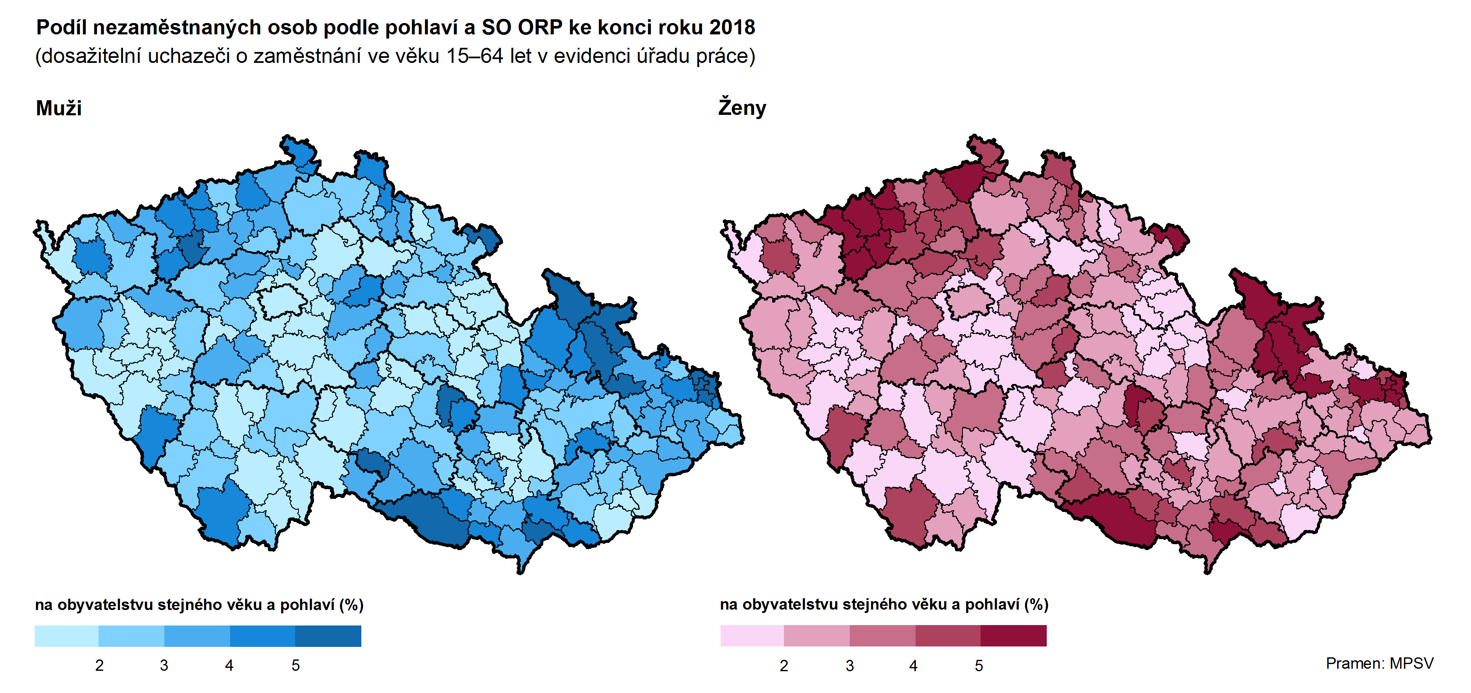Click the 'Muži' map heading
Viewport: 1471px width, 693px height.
point(59,108)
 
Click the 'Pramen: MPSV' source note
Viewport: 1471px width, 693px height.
point(1379,663)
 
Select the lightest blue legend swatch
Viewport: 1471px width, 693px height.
point(66,636)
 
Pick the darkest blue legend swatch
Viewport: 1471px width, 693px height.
point(328,636)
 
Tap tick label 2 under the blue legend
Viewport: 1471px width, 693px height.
point(99,666)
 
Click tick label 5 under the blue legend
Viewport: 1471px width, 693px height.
point(295,666)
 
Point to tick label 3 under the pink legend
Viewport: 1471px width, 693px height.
point(850,666)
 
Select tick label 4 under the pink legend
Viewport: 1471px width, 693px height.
point(914,666)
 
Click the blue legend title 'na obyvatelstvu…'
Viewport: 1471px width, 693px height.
point(199,605)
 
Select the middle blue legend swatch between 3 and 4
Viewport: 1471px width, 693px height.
point(197,636)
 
